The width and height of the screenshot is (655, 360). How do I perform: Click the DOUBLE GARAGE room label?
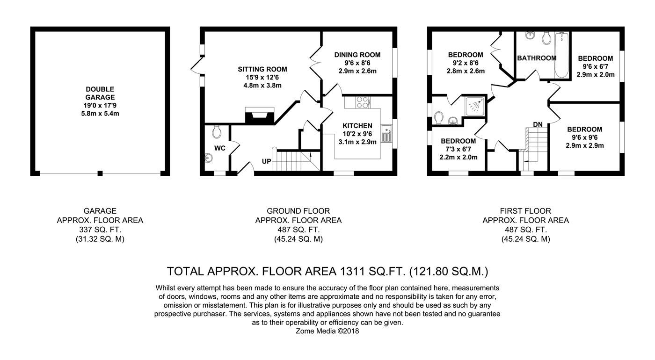[x=100, y=93]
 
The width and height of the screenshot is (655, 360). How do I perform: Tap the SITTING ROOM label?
[x=262, y=69]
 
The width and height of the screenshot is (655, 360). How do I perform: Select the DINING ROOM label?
[x=357, y=55]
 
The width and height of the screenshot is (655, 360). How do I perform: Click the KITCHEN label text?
[x=357, y=126]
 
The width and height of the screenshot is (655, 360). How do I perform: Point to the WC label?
[x=219, y=148]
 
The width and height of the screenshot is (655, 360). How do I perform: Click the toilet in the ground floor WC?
[x=217, y=132]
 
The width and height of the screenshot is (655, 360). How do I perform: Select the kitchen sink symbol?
[x=386, y=134]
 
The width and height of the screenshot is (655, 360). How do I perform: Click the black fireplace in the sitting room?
[x=260, y=116]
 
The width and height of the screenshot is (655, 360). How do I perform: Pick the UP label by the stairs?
[x=266, y=161]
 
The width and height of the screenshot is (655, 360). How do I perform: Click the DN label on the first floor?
[x=538, y=124]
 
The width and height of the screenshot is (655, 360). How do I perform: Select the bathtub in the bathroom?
[x=561, y=55]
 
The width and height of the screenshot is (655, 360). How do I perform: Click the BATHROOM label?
[x=537, y=58]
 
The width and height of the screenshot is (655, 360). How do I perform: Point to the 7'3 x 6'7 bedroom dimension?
[x=458, y=149]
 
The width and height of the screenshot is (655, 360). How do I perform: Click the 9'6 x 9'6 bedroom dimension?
[x=584, y=137]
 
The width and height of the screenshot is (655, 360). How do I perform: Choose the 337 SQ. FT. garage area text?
[x=100, y=230]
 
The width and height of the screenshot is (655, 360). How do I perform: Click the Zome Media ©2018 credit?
[x=327, y=331]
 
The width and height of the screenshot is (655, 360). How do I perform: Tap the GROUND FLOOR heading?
[x=298, y=211]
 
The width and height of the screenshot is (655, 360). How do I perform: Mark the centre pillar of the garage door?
[x=100, y=173]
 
